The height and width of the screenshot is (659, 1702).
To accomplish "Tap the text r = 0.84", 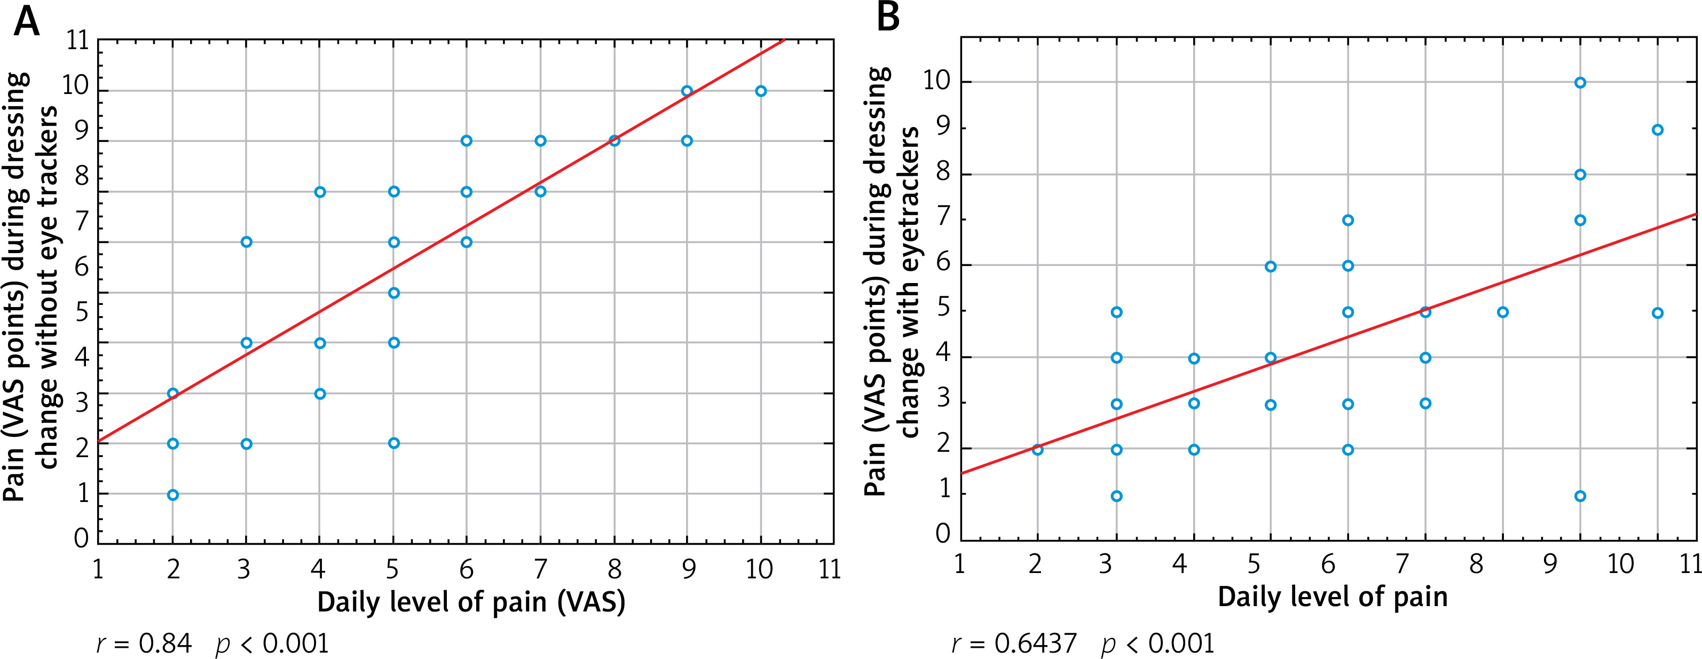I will pyautogui.click(x=144, y=642).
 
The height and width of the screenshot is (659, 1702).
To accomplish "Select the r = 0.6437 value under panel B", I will pyautogui.click(x=1014, y=642).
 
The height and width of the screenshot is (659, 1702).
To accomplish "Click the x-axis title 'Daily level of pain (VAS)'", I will pyautogui.click(x=471, y=602).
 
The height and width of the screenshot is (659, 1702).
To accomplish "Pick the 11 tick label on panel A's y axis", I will pyautogui.click(x=78, y=41).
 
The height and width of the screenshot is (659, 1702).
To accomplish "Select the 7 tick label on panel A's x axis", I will pyautogui.click(x=540, y=568).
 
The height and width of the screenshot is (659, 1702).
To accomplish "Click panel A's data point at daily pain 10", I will pyautogui.click(x=760, y=91).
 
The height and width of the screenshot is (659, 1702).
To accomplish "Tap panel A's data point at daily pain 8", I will pyautogui.click(x=614, y=141).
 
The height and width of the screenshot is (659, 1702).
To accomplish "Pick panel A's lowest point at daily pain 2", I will pyautogui.click(x=173, y=495).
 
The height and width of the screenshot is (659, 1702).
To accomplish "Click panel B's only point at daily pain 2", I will pyautogui.click(x=1037, y=450).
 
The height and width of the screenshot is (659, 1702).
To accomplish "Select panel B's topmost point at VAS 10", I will pyautogui.click(x=1580, y=83).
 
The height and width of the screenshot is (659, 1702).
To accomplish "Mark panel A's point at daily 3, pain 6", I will pyautogui.click(x=247, y=242).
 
